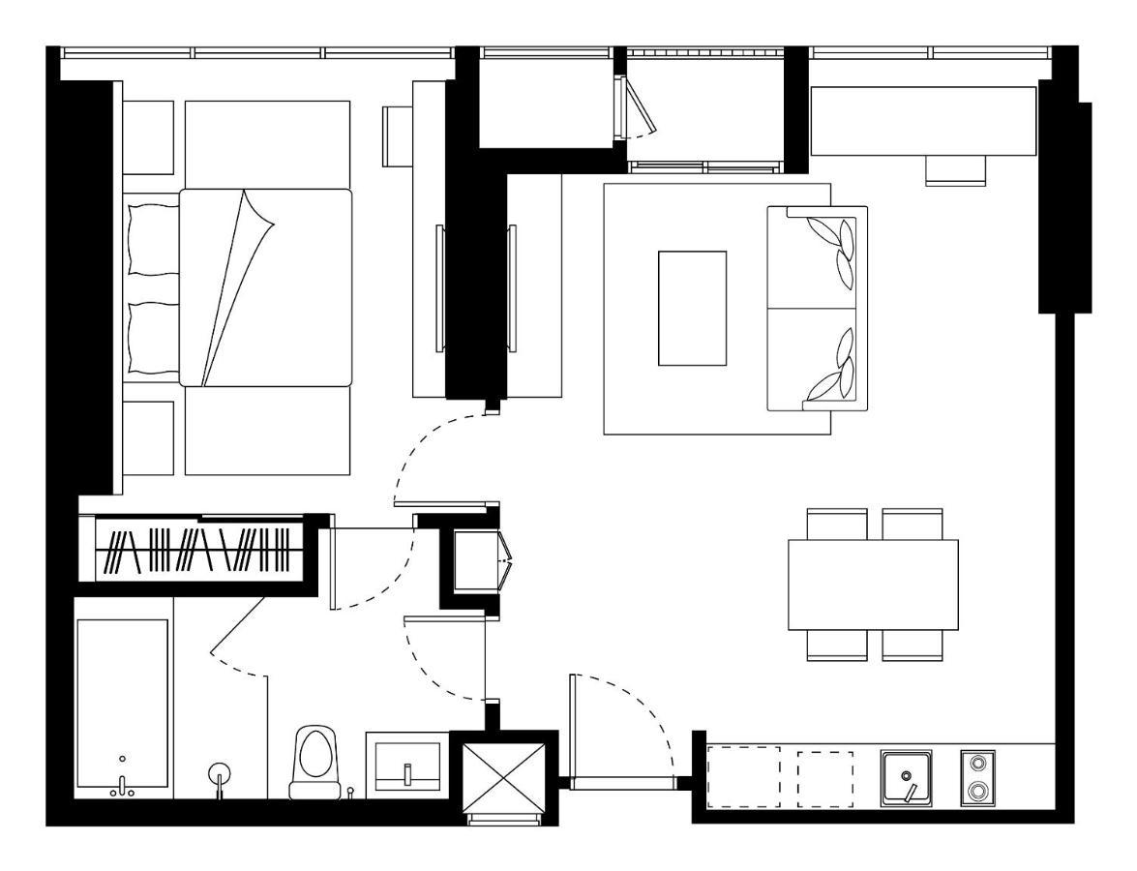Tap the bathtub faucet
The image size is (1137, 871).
pos(122,786)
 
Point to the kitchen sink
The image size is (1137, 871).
pos(907,778)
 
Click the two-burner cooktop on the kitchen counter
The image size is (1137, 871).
pos(977,778)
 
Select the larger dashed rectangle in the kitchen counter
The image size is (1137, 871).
pos(744,777)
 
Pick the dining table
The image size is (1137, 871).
pos(873,585)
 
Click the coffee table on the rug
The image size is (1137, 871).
pos(692,308)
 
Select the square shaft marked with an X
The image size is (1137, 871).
pos(504,778)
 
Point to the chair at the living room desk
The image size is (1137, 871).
pos(955,170)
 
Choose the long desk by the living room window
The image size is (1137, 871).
pos(923,120)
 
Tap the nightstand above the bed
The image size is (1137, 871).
pos(149,137)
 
